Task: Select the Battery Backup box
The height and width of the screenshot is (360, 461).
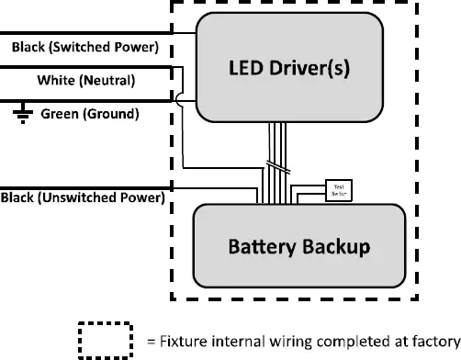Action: (298, 246)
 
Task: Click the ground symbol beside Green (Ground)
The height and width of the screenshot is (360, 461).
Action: (21, 112)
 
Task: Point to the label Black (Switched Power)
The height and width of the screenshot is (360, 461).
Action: (84, 46)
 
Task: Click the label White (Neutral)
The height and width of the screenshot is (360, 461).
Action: (85, 81)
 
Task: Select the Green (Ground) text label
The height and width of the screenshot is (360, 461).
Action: (91, 115)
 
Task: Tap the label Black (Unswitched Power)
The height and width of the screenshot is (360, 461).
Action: (83, 197)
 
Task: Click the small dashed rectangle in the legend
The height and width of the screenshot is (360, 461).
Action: (106, 340)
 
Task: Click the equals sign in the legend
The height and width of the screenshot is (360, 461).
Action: (152, 340)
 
